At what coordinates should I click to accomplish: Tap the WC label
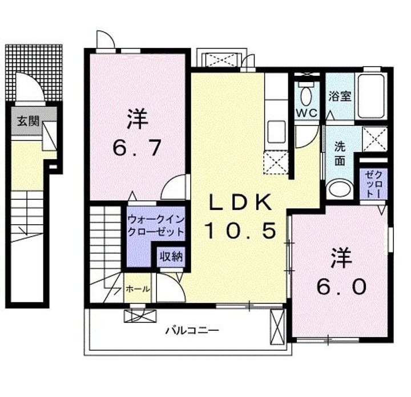pyautogui.click(x=306, y=113)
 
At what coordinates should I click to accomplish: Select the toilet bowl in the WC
pyautogui.click(x=306, y=94)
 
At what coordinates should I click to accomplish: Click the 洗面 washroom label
pyautogui.click(x=340, y=152)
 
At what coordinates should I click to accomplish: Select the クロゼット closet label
pyautogui.click(x=373, y=184)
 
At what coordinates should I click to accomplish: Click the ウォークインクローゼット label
pyautogui.click(x=156, y=225)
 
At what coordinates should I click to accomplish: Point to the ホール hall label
pyautogui.click(x=138, y=289)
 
